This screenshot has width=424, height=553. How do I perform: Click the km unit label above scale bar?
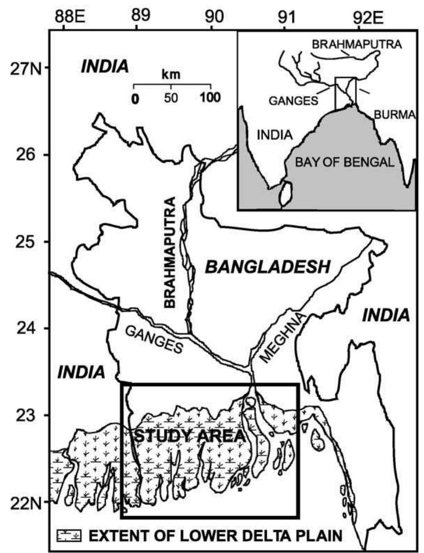coord(171,74)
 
